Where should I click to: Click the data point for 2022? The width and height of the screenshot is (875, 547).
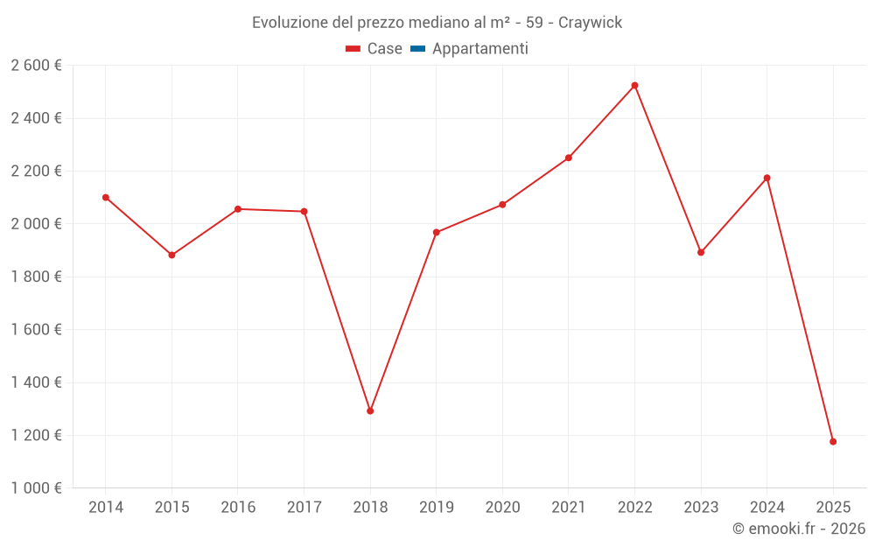coord(634,86)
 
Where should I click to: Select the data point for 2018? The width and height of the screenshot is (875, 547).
coord(370,410)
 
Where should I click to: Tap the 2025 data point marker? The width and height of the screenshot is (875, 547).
coord(833,442)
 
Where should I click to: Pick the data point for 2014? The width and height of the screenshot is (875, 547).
coord(106,198)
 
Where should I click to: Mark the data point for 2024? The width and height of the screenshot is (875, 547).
coord(766,179)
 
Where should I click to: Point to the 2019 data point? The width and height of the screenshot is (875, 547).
coord(436,233)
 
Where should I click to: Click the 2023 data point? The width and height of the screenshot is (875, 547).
coord(701,253)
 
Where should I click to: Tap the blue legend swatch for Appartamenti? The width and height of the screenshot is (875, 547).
coord(417,49)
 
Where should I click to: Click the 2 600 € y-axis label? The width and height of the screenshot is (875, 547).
coord(36,66)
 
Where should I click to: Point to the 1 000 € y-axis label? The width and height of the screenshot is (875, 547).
coord(36,488)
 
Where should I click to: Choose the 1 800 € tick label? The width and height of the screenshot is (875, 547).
coord(36,277)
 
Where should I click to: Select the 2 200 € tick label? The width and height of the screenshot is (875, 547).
coord(36,172)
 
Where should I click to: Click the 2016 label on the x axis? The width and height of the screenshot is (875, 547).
coord(238,508)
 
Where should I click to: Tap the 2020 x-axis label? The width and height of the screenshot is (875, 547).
coord(502,508)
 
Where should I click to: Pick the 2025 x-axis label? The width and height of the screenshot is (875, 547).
coord(833,508)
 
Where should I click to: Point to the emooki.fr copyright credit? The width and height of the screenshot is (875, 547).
coord(798,529)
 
